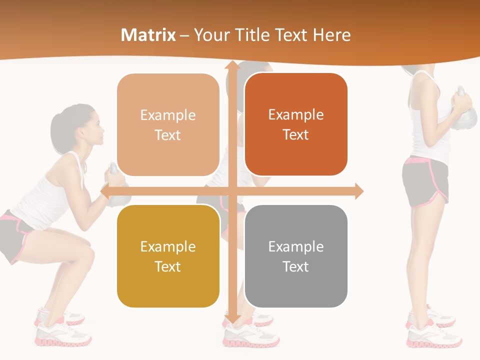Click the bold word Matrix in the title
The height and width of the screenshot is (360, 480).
tap(148, 35)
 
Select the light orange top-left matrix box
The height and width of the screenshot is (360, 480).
tap(168, 125)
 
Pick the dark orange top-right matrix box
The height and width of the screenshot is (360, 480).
tap(296, 124)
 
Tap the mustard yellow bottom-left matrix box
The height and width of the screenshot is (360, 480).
tap(168, 256)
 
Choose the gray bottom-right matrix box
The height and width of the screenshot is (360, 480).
tap(296, 256)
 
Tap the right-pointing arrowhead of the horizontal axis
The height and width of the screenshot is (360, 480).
tap(358, 191)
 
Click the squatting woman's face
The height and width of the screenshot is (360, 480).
tap(95, 127)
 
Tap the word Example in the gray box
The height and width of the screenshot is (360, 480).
tap(296, 246)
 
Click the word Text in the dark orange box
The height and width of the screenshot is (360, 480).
tap(296, 134)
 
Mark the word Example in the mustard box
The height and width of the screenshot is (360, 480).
tap(168, 246)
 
